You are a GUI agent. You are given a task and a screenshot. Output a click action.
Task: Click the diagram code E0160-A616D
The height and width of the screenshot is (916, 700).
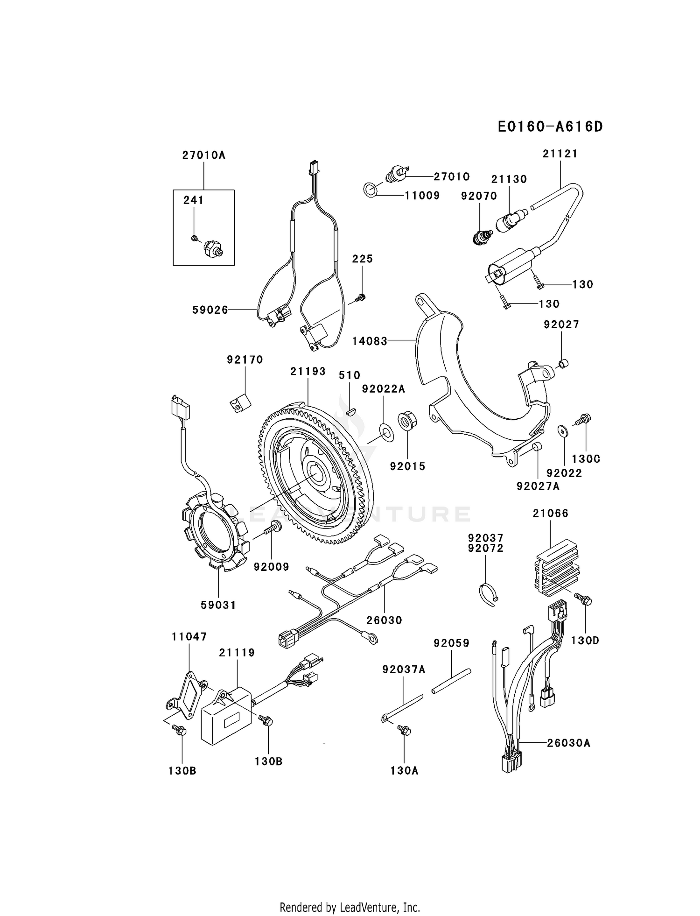pyautogui.click(x=550, y=127)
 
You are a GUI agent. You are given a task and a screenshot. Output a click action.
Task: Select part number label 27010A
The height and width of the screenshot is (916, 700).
pyautogui.click(x=204, y=155)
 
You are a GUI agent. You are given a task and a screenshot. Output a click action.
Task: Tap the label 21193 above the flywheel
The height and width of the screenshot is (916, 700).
pyautogui.click(x=308, y=371)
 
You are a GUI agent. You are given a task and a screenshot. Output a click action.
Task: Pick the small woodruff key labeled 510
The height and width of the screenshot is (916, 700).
pyautogui.click(x=352, y=411)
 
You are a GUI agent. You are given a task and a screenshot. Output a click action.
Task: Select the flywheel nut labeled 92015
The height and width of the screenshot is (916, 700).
pyautogui.click(x=407, y=420)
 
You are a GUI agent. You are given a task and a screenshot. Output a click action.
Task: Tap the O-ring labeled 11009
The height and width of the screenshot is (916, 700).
pyautogui.click(x=370, y=189)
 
